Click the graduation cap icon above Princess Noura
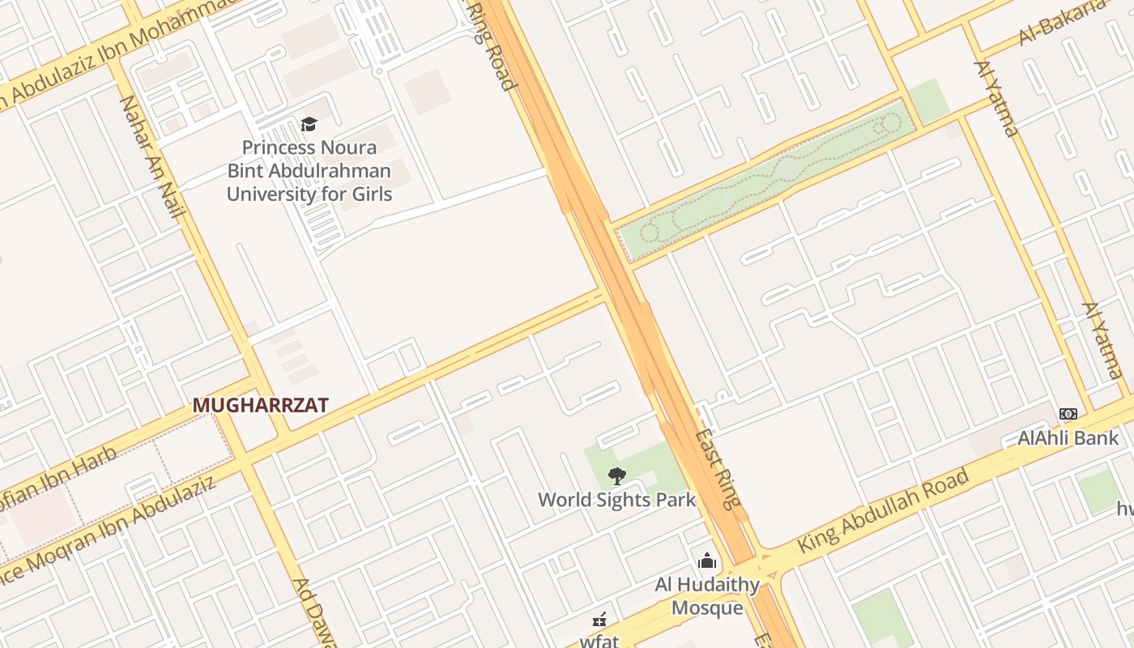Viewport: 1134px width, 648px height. pyautogui.click(x=309, y=124)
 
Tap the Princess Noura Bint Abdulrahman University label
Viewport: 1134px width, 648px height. pyautogui.click(x=309, y=171)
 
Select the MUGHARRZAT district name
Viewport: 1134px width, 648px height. pyautogui.click(x=260, y=406)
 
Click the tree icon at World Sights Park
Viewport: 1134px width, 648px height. pyautogui.click(x=616, y=475)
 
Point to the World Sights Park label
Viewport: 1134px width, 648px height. pyautogui.click(x=616, y=500)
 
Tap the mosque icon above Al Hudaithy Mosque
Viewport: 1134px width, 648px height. pyautogui.click(x=707, y=561)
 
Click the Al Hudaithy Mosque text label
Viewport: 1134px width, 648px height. pyautogui.click(x=707, y=596)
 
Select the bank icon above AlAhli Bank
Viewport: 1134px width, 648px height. pyautogui.click(x=1068, y=414)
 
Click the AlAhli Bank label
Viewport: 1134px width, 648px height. pyautogui.click(x=1068, y=438)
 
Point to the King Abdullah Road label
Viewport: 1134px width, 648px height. pyautogui.click(x=884, y=511)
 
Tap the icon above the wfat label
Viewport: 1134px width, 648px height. pyautogui.click(x=599, y=620)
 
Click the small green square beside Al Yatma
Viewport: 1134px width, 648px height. pyautogui.click(x=928, y=100)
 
